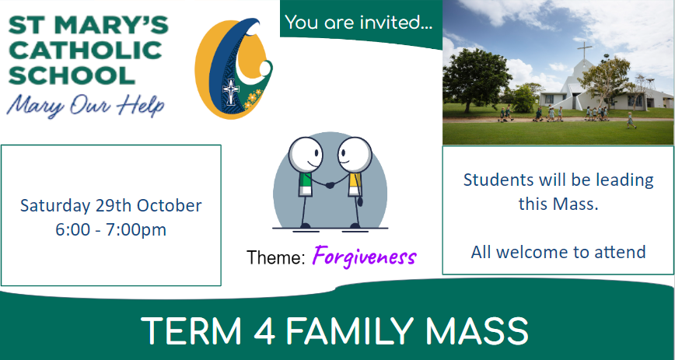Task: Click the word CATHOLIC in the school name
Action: click(x=86, y=51)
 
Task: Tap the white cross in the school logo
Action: click(x=231, y=91)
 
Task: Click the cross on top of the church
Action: click(x=584, y=51)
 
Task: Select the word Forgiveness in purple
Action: click(x=364, y=257)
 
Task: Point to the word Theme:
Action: click(x=276, y=257)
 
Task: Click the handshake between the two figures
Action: click(x=331, y=185)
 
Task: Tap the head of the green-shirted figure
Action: click(x=306, y=155)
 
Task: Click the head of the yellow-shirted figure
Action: click(x=355, y=155)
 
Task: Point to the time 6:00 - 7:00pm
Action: click(x=110, y=229)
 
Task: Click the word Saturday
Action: click(x=55, y=206)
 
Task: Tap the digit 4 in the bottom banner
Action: click(x=264, y=331)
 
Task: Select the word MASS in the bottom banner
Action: click(x=477, y=331)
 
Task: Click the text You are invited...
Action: click(x=358, y=23)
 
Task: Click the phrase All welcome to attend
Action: click(x=558, y=251)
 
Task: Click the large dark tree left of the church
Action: click(x=476, y=79)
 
